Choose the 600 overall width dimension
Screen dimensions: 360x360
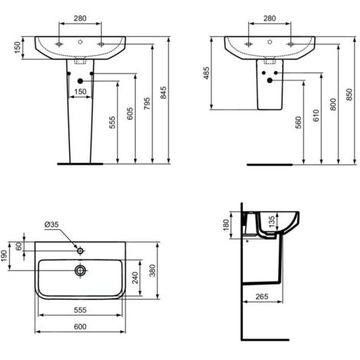pyautogui.click(x=79, y=327)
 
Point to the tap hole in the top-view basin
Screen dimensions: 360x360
pyautogui.click(x=79, y=250)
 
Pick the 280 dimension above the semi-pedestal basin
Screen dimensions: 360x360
pyautogui.click(x=268, y=18)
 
